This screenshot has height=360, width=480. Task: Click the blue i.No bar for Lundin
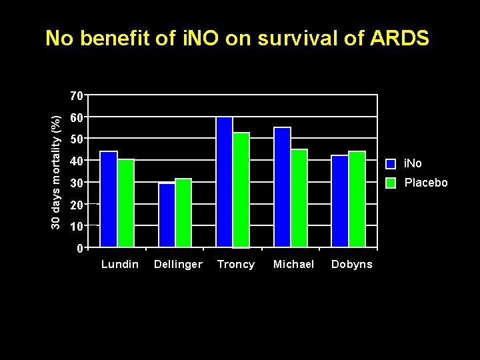108,199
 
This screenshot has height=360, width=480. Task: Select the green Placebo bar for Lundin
125,203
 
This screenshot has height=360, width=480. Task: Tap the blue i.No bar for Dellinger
167,215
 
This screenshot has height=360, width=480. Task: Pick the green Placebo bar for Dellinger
183,213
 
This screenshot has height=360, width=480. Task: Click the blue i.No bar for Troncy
225,182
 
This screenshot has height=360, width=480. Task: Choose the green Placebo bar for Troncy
241,190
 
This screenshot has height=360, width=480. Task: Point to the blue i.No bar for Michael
283,187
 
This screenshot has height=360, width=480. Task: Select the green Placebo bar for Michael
299,198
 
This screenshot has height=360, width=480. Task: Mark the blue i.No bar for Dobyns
340,201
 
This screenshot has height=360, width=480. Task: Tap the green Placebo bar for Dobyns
357,199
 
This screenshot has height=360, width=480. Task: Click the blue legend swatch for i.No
391,164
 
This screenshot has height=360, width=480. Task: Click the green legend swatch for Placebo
391,183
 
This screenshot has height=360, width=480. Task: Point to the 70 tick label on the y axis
77,96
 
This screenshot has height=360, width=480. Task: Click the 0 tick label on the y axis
79,249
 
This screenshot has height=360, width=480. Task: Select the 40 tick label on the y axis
77,161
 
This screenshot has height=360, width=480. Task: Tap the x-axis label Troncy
236,265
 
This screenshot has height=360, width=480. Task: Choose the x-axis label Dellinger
178,265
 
